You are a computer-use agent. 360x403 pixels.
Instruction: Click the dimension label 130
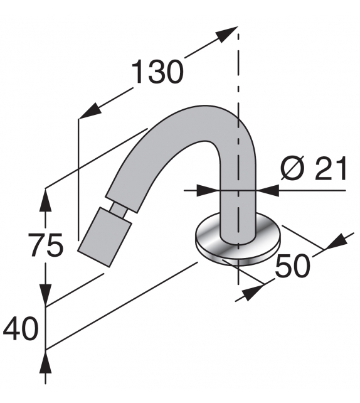pos(157,73)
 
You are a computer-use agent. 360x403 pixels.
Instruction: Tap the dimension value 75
pos(46,245)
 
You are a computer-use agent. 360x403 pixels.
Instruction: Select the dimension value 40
pos(20,328)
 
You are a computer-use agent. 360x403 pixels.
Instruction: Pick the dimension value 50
pos(292,266)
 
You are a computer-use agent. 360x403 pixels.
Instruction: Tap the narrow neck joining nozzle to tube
pos(118,209)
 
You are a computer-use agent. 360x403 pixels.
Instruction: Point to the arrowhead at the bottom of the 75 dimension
pos(46,295)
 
